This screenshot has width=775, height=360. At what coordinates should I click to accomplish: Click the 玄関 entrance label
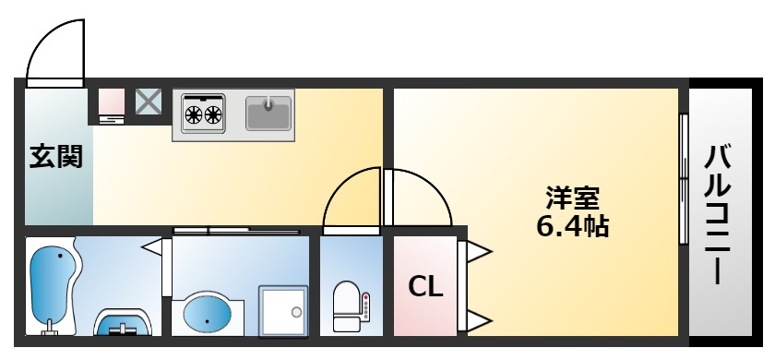[x=56, y=157]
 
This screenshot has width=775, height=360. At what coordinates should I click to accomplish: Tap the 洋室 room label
[x=573, y=197]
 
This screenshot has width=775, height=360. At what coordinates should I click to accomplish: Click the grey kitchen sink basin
[x=268, y=114]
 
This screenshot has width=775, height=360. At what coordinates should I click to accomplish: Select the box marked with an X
[x=149, y=102]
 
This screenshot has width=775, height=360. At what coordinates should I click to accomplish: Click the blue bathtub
[x=51, y=281]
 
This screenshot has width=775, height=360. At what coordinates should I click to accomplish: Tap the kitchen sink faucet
[x=268, y=104]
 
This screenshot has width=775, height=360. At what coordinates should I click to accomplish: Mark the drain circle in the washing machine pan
[x=296, y=312]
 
